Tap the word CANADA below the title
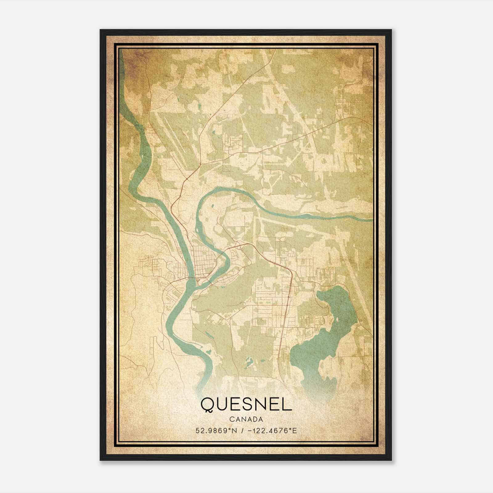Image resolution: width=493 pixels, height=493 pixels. [246, 419]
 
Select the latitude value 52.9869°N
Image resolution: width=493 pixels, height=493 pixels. [216, 431]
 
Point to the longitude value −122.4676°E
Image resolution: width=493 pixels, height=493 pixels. [272, 431]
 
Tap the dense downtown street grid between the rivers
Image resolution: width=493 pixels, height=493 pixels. [203, 262]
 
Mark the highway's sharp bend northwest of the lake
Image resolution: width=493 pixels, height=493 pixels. [290, 271]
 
